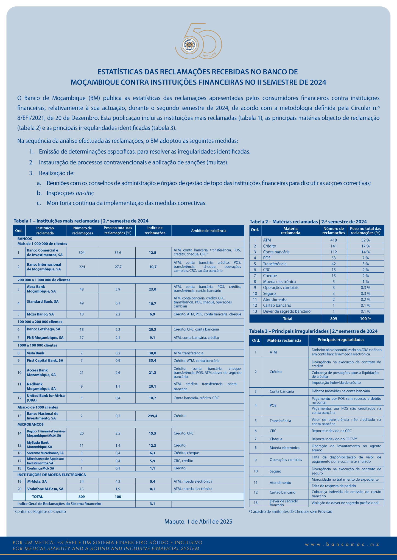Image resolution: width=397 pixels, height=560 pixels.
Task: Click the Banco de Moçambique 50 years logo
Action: (x=198, y=41)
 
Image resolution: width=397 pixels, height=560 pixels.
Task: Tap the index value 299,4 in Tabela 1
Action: (x=152, y=416)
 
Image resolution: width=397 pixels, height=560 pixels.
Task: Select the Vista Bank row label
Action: (x=35, y=353)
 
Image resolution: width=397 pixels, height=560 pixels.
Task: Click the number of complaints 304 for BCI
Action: (x=82, y=253)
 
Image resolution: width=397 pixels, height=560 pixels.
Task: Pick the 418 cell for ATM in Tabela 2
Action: (x=334, y=240)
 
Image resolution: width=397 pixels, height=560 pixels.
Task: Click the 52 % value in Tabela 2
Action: (x=365, y=240)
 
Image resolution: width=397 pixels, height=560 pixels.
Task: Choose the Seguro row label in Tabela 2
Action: (x=269, y=293)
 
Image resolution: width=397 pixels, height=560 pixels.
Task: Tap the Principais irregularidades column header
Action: (x=341, y=340)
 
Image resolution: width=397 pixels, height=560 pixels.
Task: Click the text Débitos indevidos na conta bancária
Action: (x=340, y=391)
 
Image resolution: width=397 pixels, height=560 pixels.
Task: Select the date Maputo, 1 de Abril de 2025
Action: (x=198, y=522)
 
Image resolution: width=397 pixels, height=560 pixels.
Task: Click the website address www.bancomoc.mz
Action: (x=342, y=545)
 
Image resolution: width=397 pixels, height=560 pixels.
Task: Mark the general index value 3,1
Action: (x=152, y=504)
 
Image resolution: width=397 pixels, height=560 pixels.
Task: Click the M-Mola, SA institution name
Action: (x=37, y=481)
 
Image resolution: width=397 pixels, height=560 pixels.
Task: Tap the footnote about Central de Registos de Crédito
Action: (x=40, y=512)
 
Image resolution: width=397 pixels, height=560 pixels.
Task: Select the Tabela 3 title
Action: (x=313, y=331)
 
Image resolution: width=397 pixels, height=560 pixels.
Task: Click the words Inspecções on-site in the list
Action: (x=70, y=193)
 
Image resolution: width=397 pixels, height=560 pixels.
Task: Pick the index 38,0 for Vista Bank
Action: (x=152, y=353)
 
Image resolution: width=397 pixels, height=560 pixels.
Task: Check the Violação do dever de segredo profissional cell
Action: (x=345, y=503)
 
